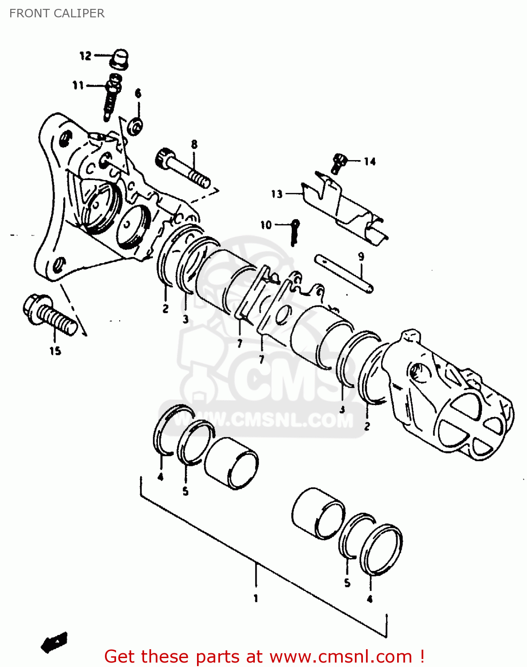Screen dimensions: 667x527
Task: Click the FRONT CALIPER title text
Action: click(57, 13)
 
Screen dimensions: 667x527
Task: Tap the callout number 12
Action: click(85, 56)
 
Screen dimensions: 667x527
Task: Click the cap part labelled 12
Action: click(120, 60)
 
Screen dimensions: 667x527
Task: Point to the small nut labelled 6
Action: click(135, 126)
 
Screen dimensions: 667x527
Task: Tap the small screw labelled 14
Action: click(338, 163)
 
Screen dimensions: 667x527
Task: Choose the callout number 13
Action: click(277, 194)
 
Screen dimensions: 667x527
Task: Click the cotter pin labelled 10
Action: click(294, 231)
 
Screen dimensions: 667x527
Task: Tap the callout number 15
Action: click(55, 351)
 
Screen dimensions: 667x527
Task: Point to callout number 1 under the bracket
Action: click(256, 599)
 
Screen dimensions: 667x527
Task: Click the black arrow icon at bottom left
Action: click(54, 642)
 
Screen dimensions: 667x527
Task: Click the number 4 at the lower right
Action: click(370, 599)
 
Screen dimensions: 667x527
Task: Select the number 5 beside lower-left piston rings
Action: click(185, 491)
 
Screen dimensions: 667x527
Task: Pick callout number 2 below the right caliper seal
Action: click(367, 426)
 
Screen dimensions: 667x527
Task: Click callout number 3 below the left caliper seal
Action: click(185, 319)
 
